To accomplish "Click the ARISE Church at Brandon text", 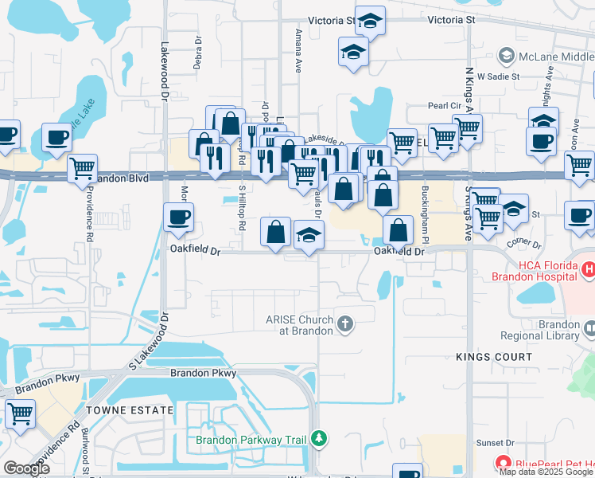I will [x=299, y=325].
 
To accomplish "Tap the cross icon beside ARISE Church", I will [x=344, y=324].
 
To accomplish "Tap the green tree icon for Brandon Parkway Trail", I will [x=319, y=438].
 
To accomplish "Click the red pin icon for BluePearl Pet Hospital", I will [x=502, y=462].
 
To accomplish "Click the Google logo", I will [x=26, y=468].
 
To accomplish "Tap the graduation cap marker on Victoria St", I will [x=370, y=21].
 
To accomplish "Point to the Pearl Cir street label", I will [x=445, y=105].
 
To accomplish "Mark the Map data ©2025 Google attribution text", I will [x=546, y=472].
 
